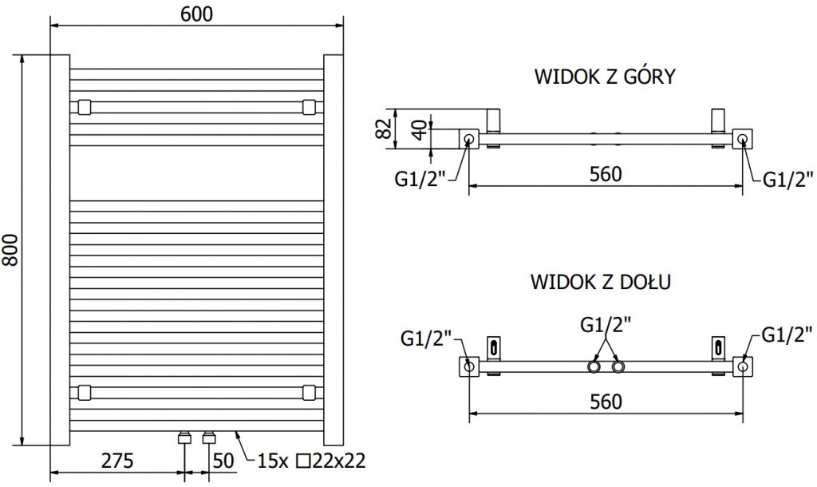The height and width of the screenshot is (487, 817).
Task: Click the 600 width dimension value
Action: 197,14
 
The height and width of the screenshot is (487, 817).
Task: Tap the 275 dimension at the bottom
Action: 116,461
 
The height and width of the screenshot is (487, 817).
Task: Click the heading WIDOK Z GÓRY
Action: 605,77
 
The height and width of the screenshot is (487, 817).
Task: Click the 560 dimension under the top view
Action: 606,173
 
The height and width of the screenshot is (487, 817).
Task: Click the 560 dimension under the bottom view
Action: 606,401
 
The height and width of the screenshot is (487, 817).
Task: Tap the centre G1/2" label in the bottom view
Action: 606,324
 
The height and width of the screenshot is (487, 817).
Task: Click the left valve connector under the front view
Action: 185,438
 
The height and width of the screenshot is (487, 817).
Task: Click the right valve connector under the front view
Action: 210,438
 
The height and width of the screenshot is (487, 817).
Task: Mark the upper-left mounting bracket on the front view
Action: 84,106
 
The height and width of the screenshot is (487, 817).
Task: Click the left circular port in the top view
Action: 468,140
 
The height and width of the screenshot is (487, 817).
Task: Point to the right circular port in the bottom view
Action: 743,366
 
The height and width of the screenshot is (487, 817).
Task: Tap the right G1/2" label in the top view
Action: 787,178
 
